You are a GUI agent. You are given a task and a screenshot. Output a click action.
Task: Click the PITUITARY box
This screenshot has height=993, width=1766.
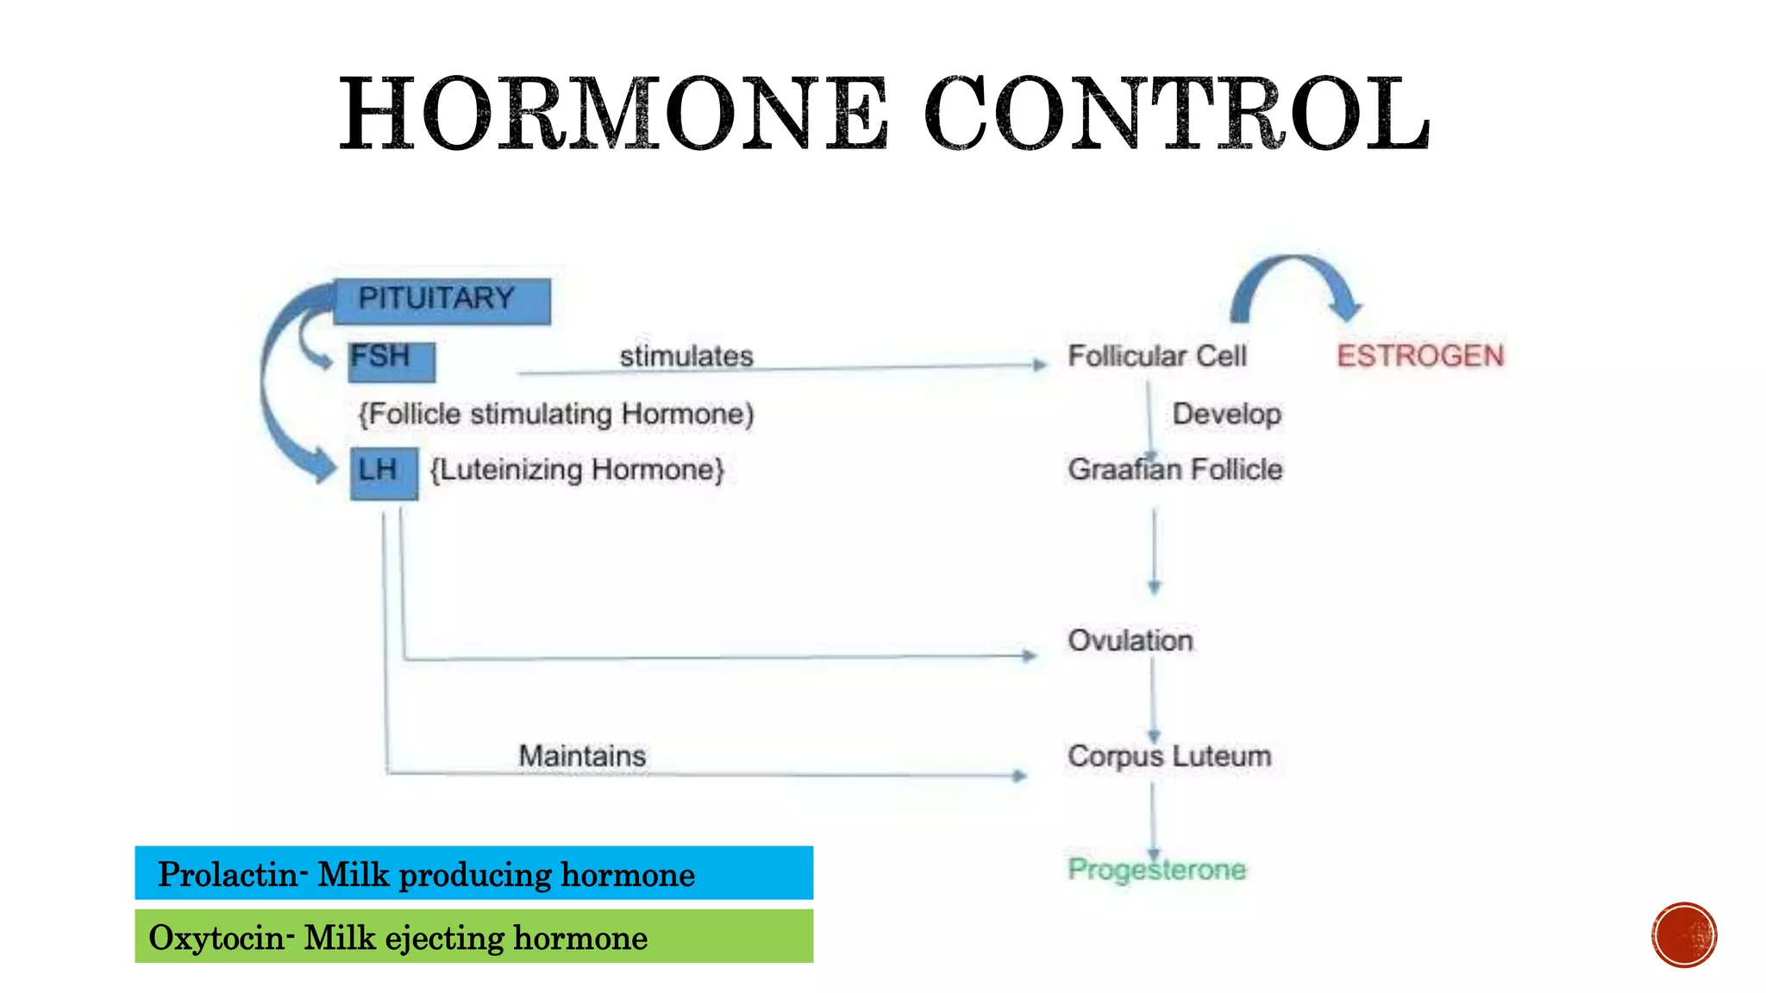coord(441,301)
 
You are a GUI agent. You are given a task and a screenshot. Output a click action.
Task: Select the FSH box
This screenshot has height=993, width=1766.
coord(391,360)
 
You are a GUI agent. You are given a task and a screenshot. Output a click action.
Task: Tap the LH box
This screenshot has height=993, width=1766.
coord(384,472)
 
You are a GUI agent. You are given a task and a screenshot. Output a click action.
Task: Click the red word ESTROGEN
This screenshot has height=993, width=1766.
coord(1420,355)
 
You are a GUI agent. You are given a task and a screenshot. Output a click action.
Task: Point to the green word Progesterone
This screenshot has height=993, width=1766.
coord(1156,869)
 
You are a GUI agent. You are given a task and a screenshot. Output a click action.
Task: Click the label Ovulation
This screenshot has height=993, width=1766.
coord(1130,640)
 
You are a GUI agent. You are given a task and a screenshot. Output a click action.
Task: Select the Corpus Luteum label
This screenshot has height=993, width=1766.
coord(1168,756)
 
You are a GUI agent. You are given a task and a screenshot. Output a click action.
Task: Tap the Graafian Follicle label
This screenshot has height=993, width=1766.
coord(1174,469)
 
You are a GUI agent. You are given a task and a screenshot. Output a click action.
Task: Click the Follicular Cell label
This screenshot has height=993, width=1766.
coord(1156,355)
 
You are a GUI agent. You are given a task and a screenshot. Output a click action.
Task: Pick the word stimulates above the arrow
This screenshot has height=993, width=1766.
coord(686,355)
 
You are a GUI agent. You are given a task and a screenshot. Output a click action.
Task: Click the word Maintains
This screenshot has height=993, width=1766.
coord(582,756)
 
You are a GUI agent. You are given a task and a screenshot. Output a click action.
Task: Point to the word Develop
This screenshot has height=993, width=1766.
coord(1226,414)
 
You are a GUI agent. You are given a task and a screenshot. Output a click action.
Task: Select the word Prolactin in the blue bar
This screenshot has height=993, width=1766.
coord(228,874)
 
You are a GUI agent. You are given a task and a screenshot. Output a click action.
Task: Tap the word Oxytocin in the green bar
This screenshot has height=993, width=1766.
coord(216,938)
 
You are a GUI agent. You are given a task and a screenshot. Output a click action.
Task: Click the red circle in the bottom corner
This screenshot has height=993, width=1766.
coord(1683,935)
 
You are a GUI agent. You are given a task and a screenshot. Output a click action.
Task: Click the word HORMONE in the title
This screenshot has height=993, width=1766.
coord(612,114)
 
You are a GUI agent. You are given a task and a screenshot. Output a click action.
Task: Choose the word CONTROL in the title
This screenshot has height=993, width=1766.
coord(1177,114)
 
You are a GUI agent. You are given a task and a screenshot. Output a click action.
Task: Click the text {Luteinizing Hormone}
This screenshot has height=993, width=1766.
coord(577,470)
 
